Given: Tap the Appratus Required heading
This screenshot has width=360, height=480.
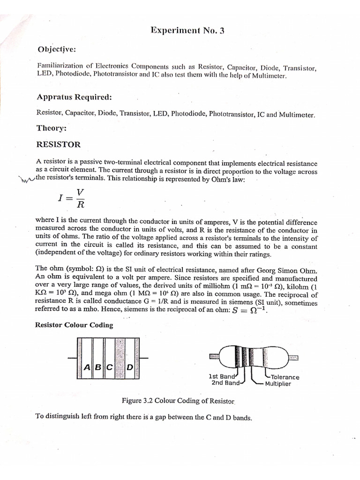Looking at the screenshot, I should point(74,97).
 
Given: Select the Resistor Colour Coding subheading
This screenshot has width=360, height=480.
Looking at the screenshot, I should point(74,325).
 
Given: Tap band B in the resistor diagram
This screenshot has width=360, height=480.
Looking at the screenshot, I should point(97,367).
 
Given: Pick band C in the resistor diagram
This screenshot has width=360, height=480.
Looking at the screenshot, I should point(109,367).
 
